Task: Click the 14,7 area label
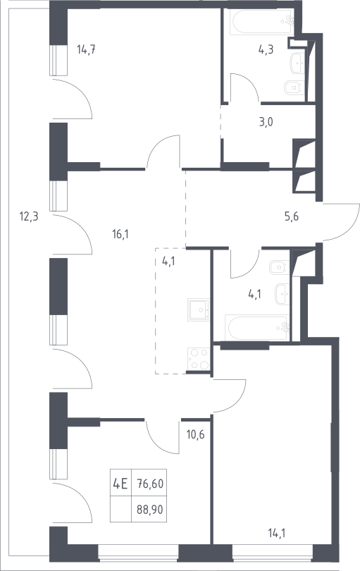coord(86,49)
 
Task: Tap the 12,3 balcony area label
coord(29,217)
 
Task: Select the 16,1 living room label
coord(120,234)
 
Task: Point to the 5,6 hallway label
coord(291,216)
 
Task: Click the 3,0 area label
coord(266,122)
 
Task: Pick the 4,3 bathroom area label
coord(266,49)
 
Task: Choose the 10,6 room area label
coord(195,434)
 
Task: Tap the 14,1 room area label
coord(277,534)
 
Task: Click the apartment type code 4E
coord(120,484)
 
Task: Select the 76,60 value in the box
coord(150,484)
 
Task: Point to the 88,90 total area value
coord(150,510)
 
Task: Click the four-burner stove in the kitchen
coord(199,359)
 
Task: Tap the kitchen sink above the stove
coord(199,309)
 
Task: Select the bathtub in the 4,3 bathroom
coord(261,23)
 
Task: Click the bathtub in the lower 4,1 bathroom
coord(257,328)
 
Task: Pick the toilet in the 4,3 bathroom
coord(294,87)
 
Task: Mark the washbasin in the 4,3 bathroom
coord(297,63)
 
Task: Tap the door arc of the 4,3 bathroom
coord(244,87)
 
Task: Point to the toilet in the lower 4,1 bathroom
coord(279,267)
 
